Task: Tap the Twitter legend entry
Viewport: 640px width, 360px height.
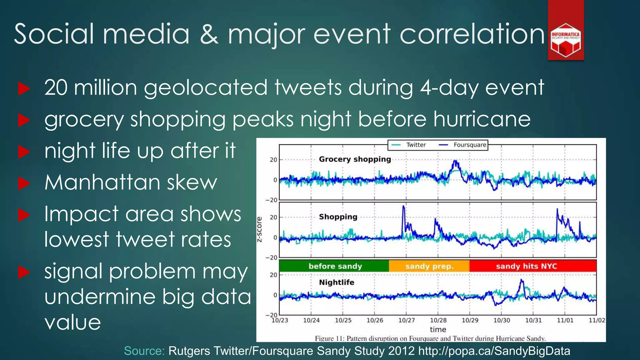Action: click(409, 145)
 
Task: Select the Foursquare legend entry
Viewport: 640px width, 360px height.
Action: click(463, 145)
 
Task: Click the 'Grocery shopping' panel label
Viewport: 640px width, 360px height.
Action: click(355, 159)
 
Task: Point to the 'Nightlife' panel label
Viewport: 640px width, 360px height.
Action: click(337, 282)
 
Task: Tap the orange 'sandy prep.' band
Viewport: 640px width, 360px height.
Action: click(429, 266)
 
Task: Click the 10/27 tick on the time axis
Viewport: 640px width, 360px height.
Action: click(407, 320)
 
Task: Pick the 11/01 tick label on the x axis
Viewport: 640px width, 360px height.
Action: click(565, 320)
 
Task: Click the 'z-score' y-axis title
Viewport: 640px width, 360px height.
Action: click(259, 230)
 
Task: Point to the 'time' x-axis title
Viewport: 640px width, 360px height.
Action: click(438, 329)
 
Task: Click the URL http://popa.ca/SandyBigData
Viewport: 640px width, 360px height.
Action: click(494, 351)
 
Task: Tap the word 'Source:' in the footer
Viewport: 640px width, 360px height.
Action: click(144, 351)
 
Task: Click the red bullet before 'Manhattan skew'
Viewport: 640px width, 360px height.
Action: click(24, 183)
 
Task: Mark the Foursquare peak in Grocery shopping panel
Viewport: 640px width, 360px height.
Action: click(456, 161)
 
